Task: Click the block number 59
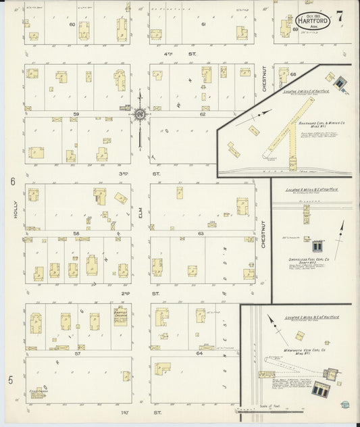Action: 76,114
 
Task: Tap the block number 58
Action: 76,234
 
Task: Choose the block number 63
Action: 201,234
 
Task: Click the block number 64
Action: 200,353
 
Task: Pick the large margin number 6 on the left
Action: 12,182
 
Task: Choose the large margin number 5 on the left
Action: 11,381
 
